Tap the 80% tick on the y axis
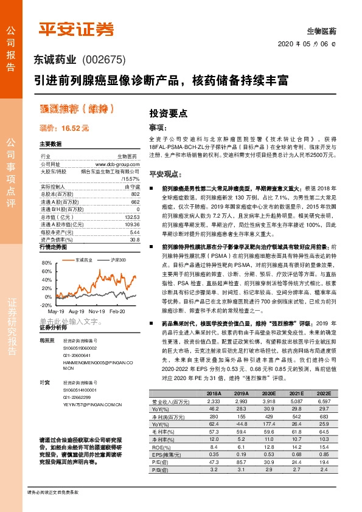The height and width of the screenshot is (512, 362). coord(46,262)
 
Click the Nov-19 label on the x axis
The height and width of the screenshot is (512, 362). coord(97,310)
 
